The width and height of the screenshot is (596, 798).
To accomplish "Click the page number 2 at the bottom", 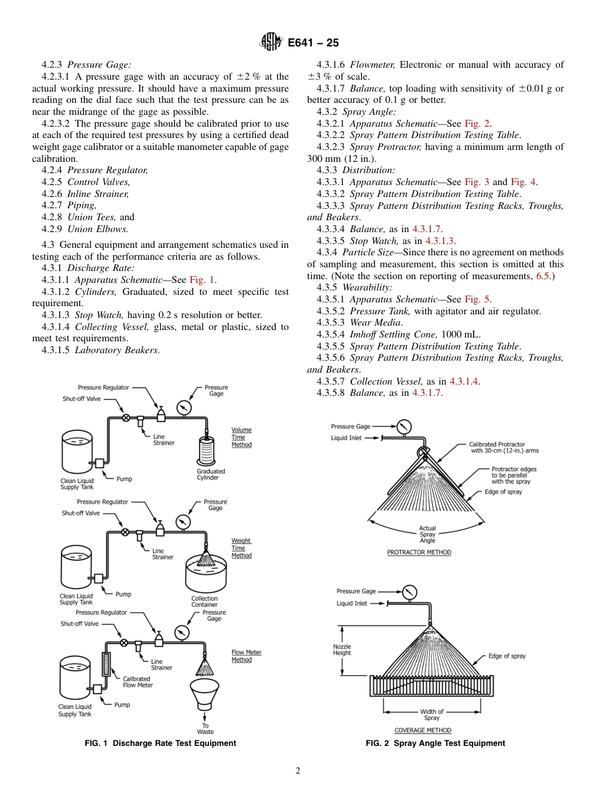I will pyautogui.click(x=298, y=771).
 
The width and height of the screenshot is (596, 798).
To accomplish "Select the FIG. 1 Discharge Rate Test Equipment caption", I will pyautogui.click(x=161, y=743).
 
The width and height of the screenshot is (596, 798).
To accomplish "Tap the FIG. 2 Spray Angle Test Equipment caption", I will pyautogui.click(x=435, y=743).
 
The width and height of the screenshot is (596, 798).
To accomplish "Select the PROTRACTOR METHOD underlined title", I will pyautogui.click(x=418, y=553).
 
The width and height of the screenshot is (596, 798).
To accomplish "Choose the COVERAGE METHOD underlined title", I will pyautogui.click(x=422, y=730).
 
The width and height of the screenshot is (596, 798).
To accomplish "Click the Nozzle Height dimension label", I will pyautogui.click(x=342, y=649).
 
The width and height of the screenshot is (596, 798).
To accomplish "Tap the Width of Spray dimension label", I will pyautogui.click(x=432, y=715).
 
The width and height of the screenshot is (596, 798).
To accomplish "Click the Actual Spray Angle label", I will pyautogui.click(x=427, y=535).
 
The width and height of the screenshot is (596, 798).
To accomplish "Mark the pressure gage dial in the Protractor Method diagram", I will pyautogui.click(x=405, y=427).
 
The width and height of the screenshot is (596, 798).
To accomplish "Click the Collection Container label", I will pyautogui.click(x=205, y=602).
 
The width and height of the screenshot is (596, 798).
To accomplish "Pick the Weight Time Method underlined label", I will pyautogui.click(x=242, y=548).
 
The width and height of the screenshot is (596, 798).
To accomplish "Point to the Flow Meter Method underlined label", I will pyautogui.click(x=246, y=656).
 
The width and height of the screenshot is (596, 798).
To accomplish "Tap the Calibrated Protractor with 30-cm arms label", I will pyautogui.click(x=504, y=447).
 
